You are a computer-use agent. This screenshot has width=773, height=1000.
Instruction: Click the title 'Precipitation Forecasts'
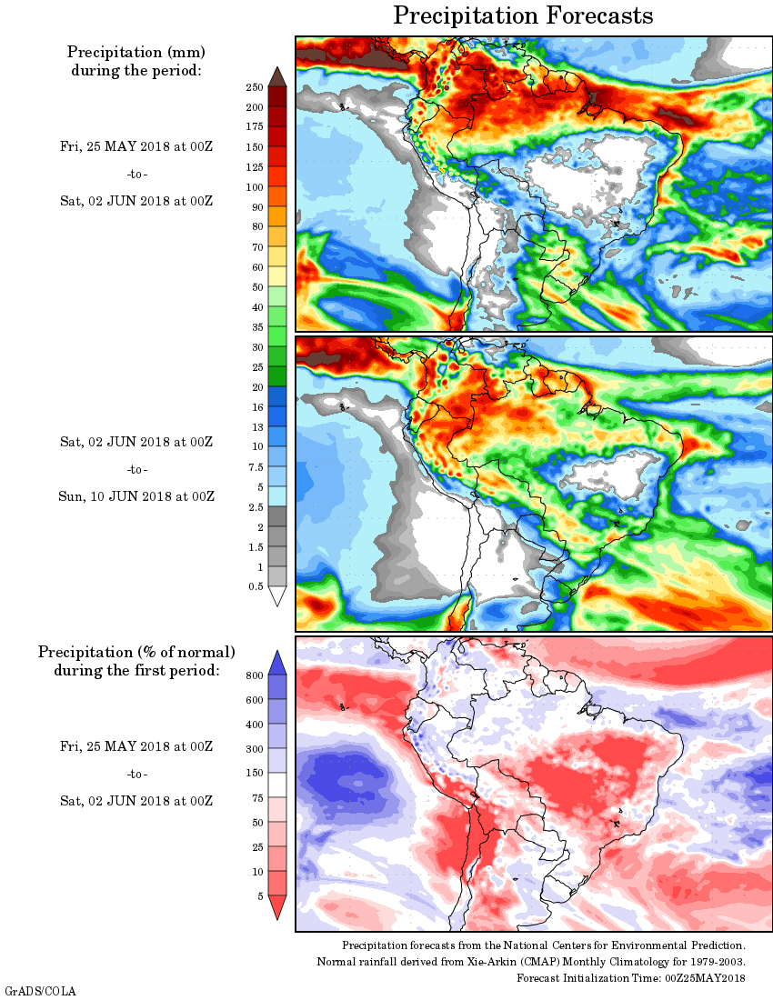523,16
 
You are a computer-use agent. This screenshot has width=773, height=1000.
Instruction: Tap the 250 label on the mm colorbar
255,87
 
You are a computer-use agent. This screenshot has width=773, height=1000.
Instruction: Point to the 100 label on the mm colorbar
255,187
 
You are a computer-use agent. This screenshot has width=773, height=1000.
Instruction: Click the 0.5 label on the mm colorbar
256,586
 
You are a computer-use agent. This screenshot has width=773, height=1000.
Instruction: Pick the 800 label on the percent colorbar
255,675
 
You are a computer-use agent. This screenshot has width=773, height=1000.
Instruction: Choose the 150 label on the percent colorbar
255,773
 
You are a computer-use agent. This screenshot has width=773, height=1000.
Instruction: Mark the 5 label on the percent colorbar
260,895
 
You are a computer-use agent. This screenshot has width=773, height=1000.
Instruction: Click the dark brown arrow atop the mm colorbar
277,75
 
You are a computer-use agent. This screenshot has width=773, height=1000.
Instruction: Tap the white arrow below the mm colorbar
277,596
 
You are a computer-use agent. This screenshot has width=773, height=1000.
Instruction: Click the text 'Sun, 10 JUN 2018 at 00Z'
137,496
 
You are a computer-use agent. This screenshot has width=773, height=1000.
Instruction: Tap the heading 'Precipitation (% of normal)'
136,652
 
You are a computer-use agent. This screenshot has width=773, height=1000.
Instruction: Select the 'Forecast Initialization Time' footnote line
631,977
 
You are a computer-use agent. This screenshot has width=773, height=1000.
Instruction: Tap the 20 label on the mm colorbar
257,387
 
